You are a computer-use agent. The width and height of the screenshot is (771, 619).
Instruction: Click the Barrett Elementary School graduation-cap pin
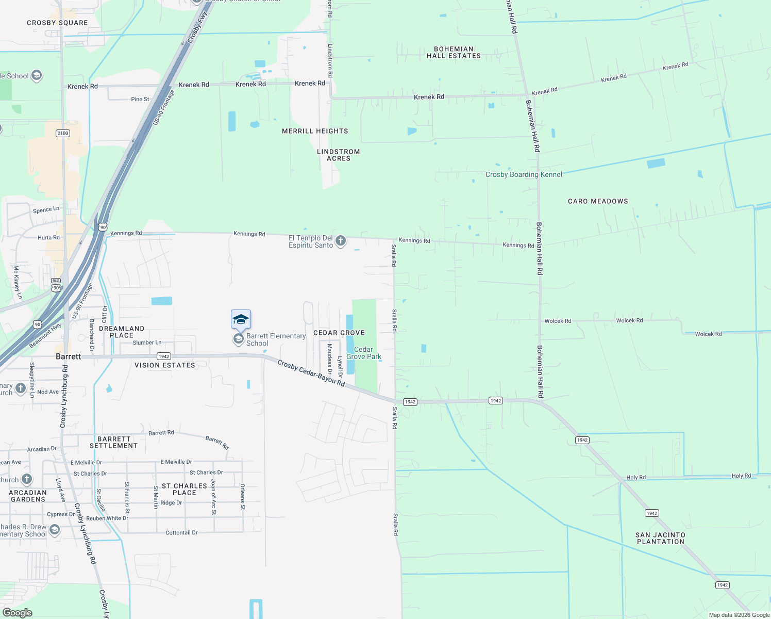(x=241, y=320)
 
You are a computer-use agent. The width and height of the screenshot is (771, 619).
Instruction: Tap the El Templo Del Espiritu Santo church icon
(x=341, y=241)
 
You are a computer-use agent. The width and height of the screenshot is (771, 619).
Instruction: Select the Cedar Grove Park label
(x=364, y=353)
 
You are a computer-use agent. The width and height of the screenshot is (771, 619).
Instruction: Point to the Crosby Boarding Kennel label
(x=524, y=174)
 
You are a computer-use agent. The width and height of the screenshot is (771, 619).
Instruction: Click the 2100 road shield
(x=63, y=133)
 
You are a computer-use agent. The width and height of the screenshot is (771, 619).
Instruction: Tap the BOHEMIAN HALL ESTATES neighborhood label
(x=454, y=53)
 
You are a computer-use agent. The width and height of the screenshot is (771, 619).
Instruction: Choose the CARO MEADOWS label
(x=598, y=201)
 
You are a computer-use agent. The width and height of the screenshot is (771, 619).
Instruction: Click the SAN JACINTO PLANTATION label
(x=660, y=538)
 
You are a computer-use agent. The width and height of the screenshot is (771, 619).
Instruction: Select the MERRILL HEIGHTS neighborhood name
(x=315, y=131)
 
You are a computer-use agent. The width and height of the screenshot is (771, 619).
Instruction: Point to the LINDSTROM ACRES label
(x=339, y=155)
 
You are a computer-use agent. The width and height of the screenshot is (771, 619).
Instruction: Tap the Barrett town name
(x=68, y=356)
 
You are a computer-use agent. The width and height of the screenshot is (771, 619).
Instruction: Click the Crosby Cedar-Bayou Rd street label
(x=311, y=372)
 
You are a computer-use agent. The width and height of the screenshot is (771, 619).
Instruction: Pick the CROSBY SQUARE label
(x=57, y=23)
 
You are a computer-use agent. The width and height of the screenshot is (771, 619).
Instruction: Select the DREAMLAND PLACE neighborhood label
(x=122, y=332)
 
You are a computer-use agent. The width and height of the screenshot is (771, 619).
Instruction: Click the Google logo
(x=18, y=612)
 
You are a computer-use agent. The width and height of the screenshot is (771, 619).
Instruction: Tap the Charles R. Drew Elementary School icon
(x=54, y=530)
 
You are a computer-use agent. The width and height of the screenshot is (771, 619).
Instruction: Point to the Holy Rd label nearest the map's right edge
(x=741, y=476)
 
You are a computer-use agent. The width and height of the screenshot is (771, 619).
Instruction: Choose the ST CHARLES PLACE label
(x=185, y=489)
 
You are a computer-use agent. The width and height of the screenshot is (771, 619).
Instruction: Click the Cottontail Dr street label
(x=181, y=532)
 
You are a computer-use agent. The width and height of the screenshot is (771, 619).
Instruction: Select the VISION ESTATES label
(x=165, y=365)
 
